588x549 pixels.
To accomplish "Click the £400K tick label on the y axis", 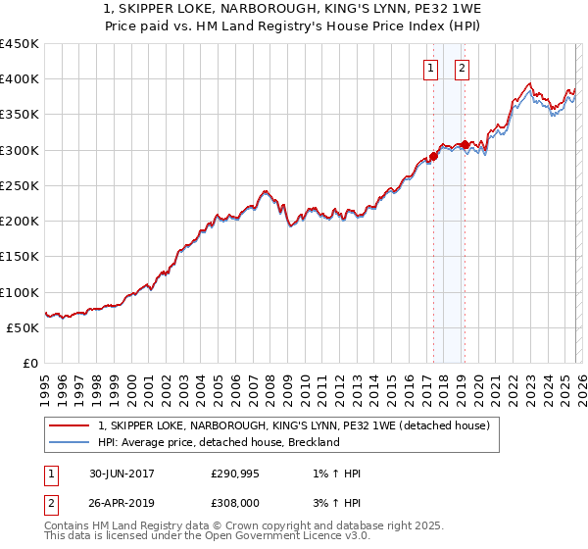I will click(19, 79).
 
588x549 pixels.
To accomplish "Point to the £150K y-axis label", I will click(19, 257).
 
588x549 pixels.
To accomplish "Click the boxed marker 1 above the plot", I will click(432, 68).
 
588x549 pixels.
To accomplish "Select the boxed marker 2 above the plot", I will click(462, 68).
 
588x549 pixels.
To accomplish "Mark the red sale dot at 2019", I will click(465, 144).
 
